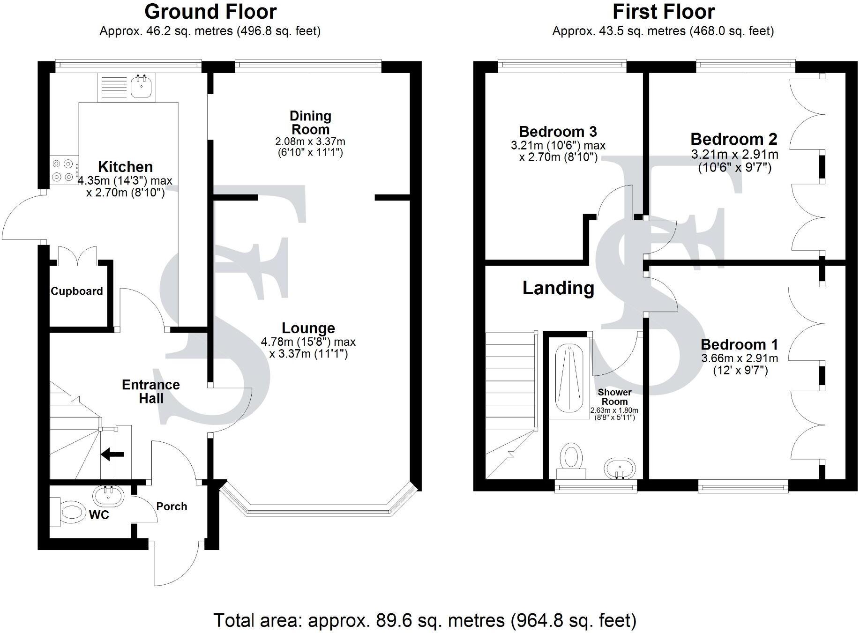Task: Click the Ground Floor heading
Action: [x=210, y=12]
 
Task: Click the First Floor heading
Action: [x=663, y=12]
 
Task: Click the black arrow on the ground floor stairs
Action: [x=112, y=454]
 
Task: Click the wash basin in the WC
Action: [x=109, y=496]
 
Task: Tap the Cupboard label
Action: [x=77, y=291]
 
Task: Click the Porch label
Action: [x=172, y=506]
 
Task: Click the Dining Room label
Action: [x=310, y=122]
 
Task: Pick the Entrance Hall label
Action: [x=151, y=391]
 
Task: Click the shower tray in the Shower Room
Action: [x=569, y=380]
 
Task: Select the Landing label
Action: [x=558, y=288]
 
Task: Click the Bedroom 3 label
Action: [x=558, y=132]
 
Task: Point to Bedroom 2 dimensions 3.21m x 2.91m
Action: [x=734, y=155]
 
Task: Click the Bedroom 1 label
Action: [x=739, y=345]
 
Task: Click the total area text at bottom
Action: [x=425, y=620]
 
